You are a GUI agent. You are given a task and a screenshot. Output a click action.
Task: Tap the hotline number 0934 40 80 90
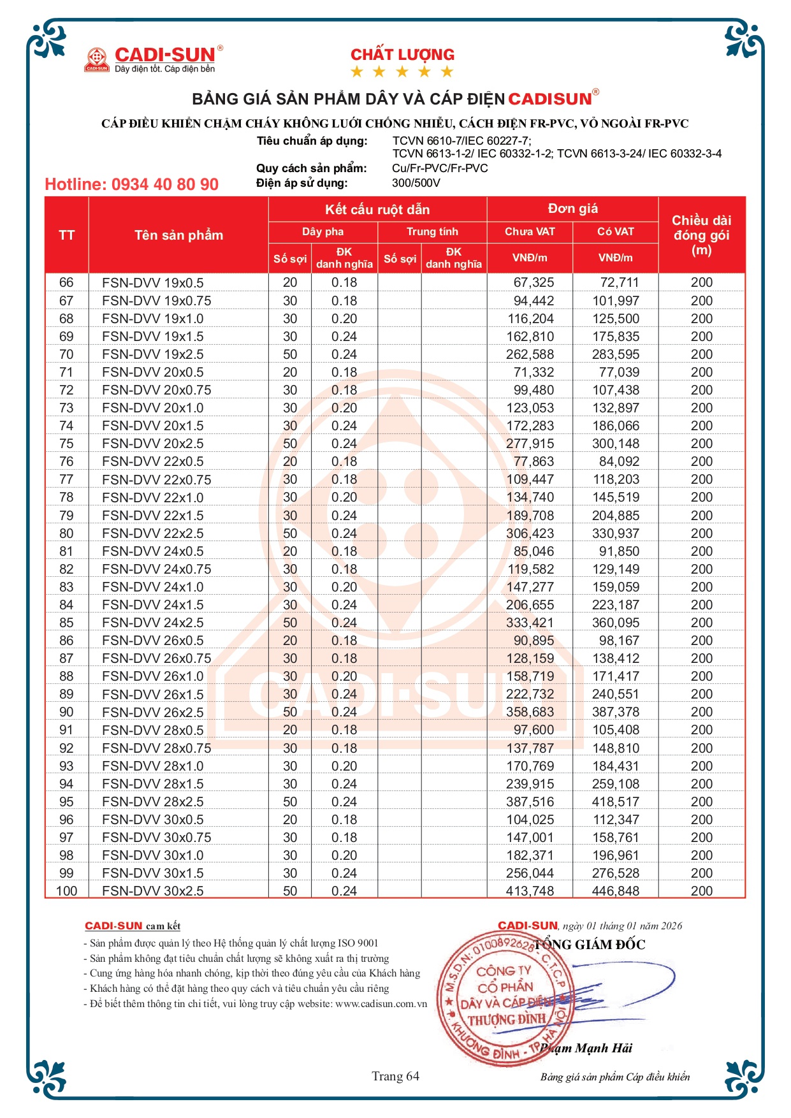131,184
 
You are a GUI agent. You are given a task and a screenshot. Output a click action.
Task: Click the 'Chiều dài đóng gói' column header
701,235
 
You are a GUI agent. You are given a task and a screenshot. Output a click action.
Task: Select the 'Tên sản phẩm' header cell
178,235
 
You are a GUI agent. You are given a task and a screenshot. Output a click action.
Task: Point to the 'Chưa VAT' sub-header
530,231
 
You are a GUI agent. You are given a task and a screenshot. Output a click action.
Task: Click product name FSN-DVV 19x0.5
152,282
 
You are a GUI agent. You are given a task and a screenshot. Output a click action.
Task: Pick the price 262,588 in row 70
530,354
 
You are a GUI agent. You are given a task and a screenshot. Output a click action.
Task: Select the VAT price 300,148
615,444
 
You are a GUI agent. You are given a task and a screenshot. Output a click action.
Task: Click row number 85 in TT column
66,623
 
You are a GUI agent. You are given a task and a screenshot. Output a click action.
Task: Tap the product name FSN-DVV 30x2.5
152,891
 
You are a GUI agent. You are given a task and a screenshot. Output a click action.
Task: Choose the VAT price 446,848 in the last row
615,891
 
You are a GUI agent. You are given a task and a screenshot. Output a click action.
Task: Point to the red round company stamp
504,998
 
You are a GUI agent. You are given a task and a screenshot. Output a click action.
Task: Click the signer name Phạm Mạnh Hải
586,1048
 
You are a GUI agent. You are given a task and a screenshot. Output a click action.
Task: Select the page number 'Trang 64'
395,1076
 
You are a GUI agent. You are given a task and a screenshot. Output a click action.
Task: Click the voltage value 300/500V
416,183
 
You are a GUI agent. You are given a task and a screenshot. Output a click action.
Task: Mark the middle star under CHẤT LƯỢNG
402,71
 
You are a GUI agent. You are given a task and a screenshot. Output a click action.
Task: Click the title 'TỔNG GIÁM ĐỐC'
590,945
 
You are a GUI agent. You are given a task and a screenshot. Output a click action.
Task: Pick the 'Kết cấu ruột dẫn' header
377,209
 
